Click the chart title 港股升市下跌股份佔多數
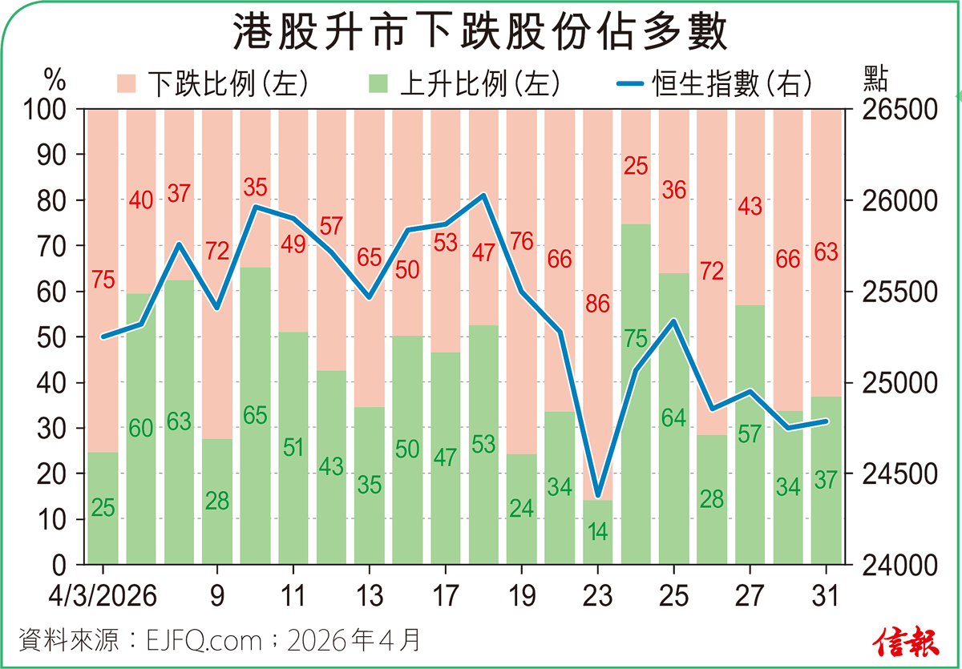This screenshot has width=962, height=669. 480,34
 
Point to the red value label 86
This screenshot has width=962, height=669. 597,304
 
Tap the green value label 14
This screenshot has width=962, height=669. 597,532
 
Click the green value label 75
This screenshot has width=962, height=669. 636,340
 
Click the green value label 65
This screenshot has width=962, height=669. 255,415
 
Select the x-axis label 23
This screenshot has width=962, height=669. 597,597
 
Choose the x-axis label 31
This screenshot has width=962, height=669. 826,597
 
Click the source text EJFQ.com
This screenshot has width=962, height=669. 204,641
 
